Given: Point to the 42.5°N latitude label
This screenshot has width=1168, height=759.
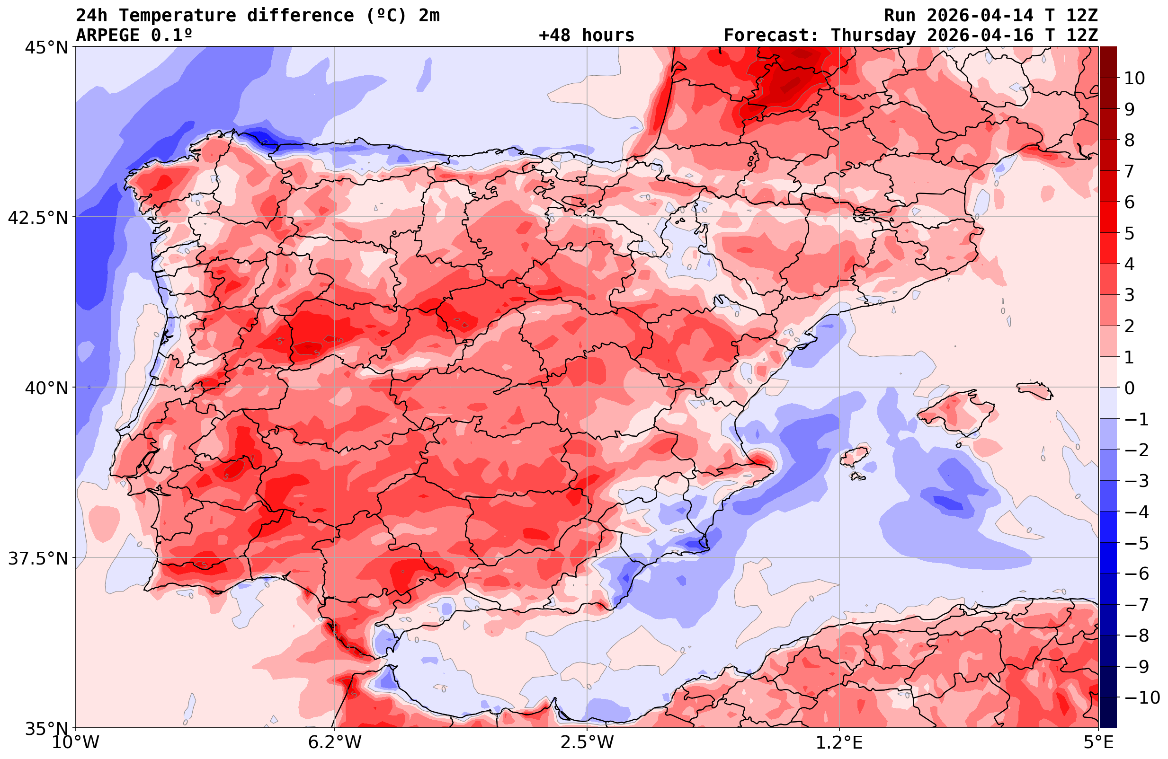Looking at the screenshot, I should [38, 217].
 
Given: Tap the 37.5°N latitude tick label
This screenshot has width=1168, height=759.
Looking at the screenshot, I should [38, 558].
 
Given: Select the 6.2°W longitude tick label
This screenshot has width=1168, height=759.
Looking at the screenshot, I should [334, 742].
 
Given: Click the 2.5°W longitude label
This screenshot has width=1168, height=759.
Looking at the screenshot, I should [587, 742].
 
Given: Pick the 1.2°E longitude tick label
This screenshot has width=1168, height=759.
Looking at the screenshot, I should [839, 742].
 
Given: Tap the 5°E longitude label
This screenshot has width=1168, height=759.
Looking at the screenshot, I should [1098, 742].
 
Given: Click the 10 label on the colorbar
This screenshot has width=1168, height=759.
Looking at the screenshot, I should [1134, 78].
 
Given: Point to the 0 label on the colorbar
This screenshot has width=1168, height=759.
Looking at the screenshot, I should [1129, 388].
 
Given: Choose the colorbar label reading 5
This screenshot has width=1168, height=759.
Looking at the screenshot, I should [1129, 233].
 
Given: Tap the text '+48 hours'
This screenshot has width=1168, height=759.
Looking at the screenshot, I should [587, 35].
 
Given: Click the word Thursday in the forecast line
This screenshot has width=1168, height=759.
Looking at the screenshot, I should [873, 35].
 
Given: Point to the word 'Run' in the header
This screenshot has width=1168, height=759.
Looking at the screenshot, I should [900, 16].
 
